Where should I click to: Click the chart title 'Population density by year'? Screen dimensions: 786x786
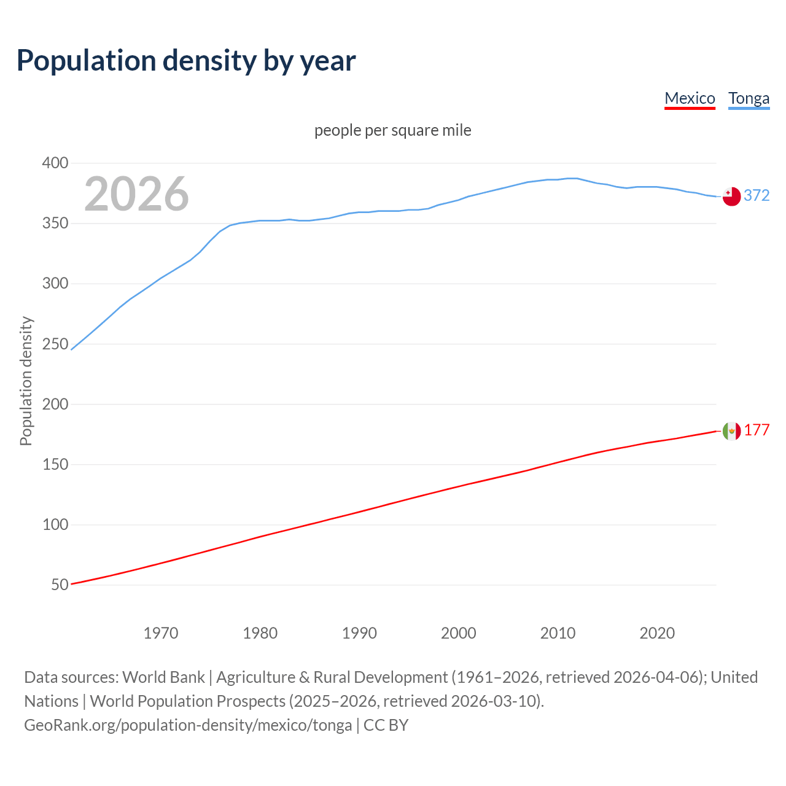[x=186, y=61]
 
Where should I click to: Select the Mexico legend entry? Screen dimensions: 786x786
[x=690, y=98]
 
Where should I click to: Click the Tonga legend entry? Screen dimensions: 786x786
[x=749, y=98]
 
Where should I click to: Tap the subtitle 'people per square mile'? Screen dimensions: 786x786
[x=392, y=130]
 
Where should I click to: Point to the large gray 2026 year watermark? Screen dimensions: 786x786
[x=136, y=194]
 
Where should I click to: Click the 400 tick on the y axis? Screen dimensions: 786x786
[x=55, y=163]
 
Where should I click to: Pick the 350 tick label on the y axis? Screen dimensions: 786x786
[x=55, y=224]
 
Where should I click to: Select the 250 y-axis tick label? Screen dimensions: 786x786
[x=55, y=344]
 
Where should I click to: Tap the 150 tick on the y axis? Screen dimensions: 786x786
[x=55, y=464]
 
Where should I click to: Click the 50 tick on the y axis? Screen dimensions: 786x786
[x=60, y=585]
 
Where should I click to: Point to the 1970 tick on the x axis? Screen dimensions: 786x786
[x=161, y=633]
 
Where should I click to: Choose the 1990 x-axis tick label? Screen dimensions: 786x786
[x=359, y=633]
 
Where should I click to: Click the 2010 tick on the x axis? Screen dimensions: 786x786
[x=558, y=633]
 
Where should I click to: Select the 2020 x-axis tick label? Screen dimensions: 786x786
[x=657, y=633]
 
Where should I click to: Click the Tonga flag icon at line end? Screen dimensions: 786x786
[x=731, y=196]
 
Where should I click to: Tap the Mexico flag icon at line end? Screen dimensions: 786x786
[x=731, y=431]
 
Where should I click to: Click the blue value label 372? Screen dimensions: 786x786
[x=757, y=195]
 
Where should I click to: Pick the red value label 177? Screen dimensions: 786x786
[x=757, y=430]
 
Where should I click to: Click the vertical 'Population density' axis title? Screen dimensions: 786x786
[x=26, y=381]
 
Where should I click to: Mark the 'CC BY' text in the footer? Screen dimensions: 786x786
[x=386, y=725]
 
